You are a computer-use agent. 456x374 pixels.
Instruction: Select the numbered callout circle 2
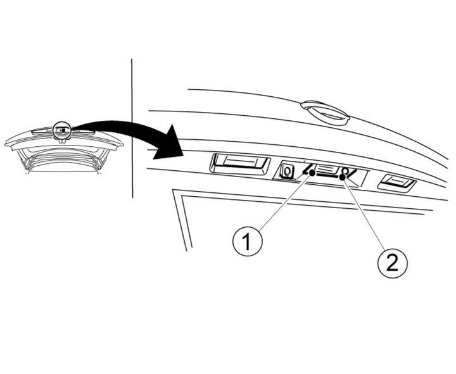pos(392,263)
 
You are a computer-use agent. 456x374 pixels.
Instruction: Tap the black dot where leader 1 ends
pos(312,173)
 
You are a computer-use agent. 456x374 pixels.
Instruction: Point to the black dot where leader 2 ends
pos(342,177)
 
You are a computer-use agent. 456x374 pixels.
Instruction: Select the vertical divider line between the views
pos(132,128)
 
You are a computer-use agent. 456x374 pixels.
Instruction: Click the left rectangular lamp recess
pos(240,165)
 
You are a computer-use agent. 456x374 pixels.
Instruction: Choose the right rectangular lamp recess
pos(396,183)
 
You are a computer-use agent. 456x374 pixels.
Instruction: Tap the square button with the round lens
pos(287,171)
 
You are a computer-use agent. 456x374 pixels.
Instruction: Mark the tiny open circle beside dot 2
pos(345,171)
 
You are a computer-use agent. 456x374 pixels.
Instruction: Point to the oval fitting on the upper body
pos(326,113)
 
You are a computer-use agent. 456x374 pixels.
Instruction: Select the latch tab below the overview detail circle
pos(62,141)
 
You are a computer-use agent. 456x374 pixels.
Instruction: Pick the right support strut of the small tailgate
pos(103,160)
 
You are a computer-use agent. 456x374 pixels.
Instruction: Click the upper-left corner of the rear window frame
pos(174,190)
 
